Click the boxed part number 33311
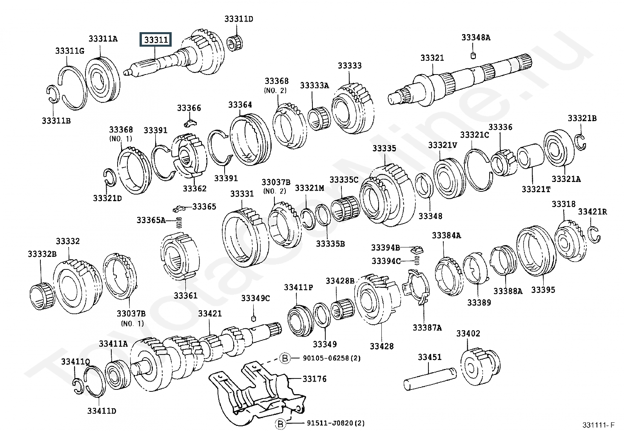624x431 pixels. [x=156, y=40]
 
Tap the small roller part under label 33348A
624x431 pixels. [x=473, y=55]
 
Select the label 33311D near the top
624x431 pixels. [x=239, y=19]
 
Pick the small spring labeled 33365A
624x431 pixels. [x=179, y=222]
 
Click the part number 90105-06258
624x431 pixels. [x=322, y=358]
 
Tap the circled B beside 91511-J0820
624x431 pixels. [x=280, y=424]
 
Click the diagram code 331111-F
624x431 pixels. [x=599, y=425]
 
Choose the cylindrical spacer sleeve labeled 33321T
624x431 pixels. [x=530, y=156]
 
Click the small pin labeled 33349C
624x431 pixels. [x=254, y=318]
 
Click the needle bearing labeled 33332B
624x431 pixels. [x=42, y=296]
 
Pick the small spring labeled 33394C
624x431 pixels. [x=417, y=260]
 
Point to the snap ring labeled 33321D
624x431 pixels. [x=109, y=178]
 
